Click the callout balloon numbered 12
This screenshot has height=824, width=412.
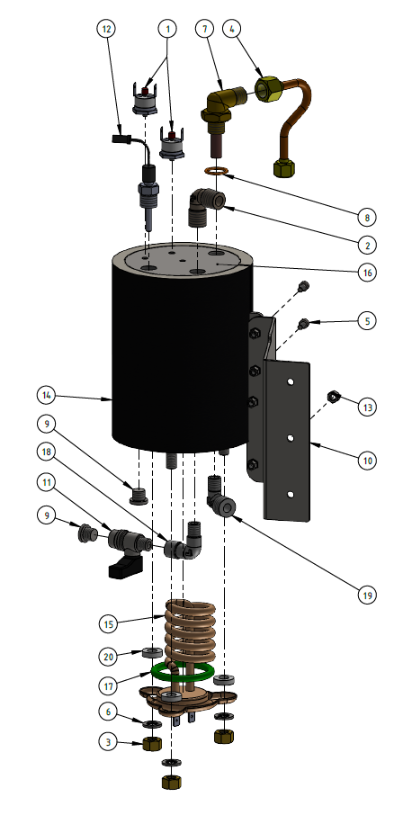[108, 29]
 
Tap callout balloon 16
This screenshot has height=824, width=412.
[367, 272]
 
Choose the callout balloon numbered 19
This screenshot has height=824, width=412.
[367, 595]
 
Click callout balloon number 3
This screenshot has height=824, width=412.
[108, 742]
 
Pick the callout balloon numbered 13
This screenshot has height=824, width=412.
[367, 408]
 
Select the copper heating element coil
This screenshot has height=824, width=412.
[190, 630]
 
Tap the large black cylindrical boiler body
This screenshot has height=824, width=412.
[180, 360]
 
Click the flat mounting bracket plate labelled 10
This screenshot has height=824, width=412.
[288, 441]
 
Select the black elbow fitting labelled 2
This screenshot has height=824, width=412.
[205, 207]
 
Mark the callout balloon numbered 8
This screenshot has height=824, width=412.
[367, 216]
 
